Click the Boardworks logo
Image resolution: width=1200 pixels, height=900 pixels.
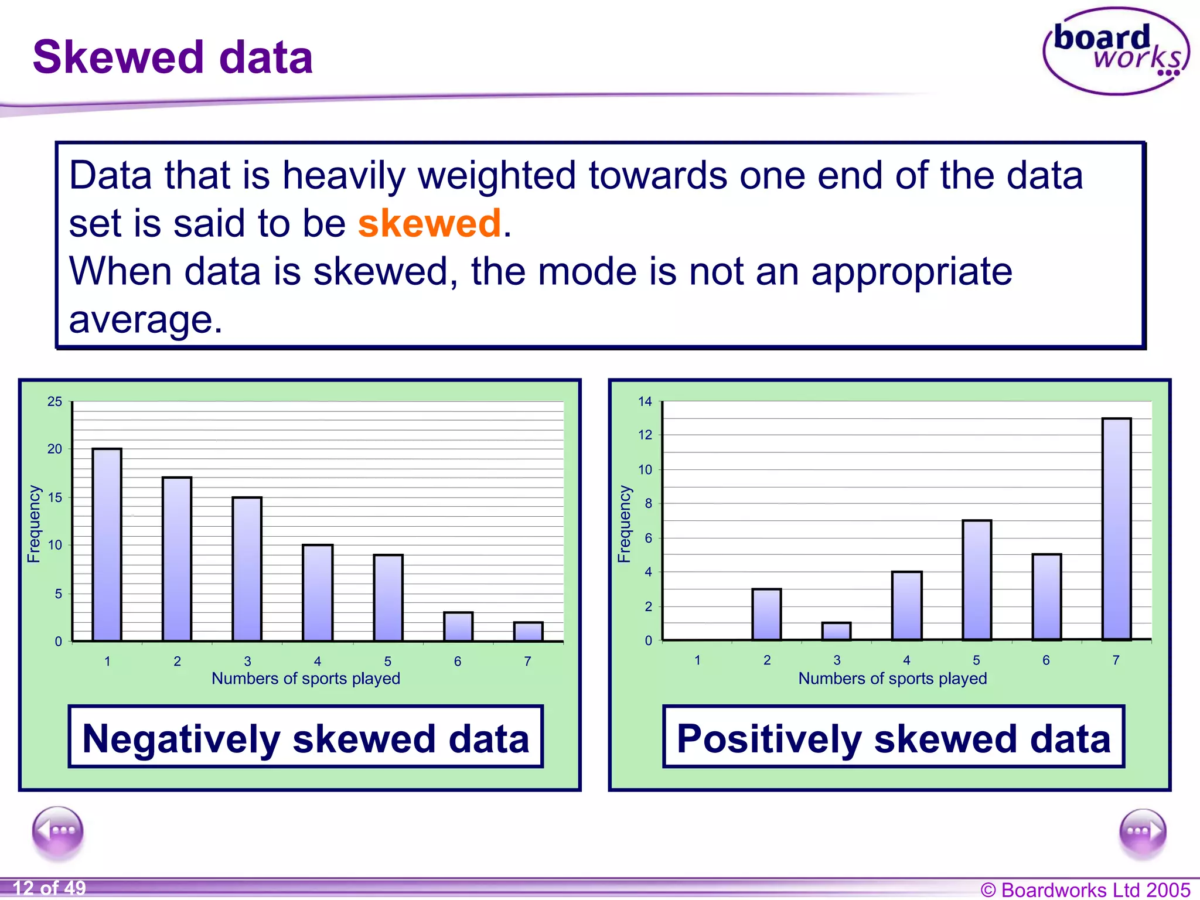click(1116, 52)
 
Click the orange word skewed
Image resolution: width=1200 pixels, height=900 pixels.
click(429, 223)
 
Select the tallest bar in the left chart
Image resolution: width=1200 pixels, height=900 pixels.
click(107, 545)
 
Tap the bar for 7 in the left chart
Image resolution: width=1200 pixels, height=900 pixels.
click(528, 632)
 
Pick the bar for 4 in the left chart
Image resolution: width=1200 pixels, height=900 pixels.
click(318, 593)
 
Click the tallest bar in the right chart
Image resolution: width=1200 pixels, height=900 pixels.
click(1116, 529)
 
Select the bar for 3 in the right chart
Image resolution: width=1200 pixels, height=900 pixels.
click(836, 632)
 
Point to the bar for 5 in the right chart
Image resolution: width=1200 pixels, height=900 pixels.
click(976, 580)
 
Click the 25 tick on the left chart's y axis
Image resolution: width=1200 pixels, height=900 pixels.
click(55, 402)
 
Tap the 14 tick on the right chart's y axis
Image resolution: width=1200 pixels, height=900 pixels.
click(645, 402)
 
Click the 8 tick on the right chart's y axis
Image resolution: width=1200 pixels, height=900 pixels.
click(648, 503)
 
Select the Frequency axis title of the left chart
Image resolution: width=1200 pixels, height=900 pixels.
click(34, 524)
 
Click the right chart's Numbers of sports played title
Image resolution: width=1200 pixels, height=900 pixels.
click(892, 679)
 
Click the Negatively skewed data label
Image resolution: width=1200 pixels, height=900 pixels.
click(305, 738)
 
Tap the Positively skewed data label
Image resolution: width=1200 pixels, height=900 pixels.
click(894, 738)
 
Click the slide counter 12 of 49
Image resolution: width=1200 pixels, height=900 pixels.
click(50, 888)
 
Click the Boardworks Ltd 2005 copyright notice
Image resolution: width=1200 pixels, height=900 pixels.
click(1085, 889)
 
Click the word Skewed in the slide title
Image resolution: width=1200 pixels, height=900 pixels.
click(118, 57)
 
